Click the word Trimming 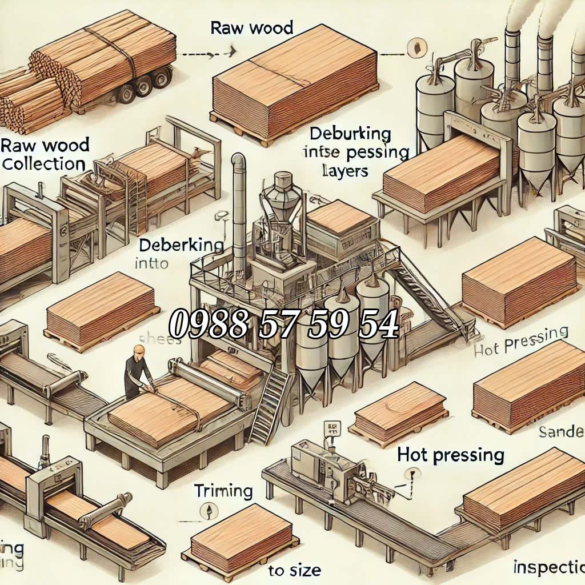point(223,491)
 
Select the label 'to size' point(294,570)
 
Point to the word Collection point(43,164)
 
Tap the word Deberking point(181,245)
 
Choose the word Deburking point(350,135)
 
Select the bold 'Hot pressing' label point(451,455)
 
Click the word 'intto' point(151,264)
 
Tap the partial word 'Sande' point(561,432)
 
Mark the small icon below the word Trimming point(208,510)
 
